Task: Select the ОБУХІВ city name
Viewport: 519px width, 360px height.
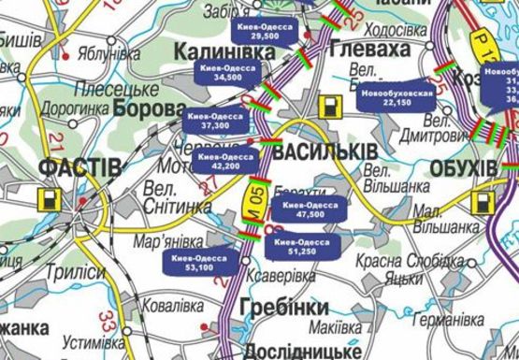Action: coord(465,167)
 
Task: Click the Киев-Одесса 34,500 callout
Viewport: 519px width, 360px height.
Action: coord(226,74)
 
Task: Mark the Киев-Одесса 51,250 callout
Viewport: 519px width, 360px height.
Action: coord(301,246)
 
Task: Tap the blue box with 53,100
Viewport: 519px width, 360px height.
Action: coord(199,262)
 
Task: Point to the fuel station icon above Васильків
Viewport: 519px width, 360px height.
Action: coord(330,106)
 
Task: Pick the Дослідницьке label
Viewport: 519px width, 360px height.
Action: coord(300,351)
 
